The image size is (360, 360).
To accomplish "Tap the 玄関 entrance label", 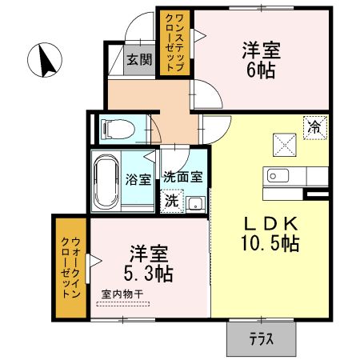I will click(x=138, y=59).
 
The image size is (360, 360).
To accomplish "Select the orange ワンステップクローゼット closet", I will click(x=174, y=42).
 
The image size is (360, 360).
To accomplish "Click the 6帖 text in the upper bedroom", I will click(x=262, y=70).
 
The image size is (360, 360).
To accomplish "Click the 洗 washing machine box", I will click(x=171, y=202).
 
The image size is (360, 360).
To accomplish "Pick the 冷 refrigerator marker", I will click(x=316, y=126).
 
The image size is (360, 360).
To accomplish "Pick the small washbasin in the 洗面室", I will click(x=195, y=202).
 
